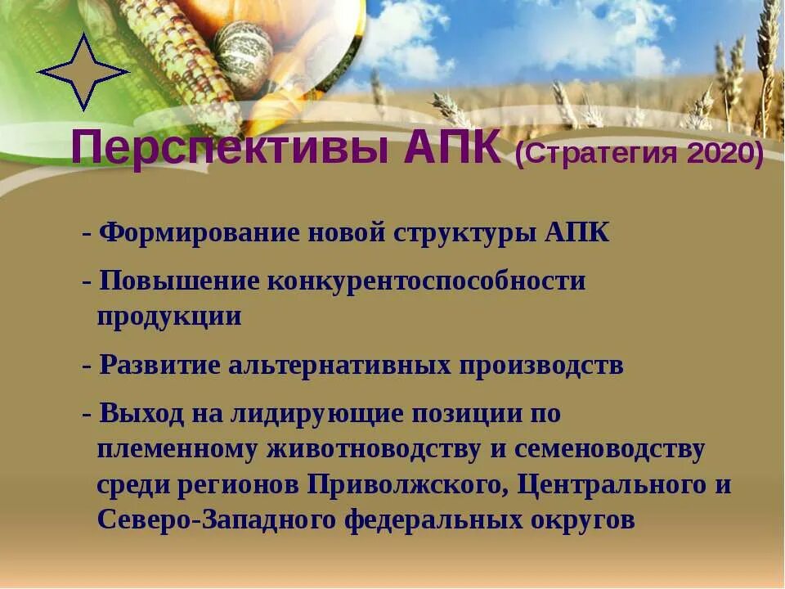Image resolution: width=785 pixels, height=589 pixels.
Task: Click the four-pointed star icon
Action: click(83, 72)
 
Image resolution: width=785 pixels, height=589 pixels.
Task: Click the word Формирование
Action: click(196, 232)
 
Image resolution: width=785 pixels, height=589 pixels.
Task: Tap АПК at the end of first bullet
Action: click(576, 232)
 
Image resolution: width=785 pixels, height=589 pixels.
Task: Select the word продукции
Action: click(169, 317)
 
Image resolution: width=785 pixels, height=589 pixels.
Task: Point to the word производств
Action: click(541, 365)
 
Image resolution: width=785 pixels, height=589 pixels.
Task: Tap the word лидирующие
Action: click(320, 414)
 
